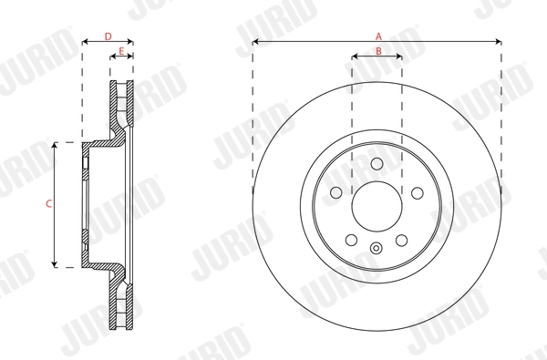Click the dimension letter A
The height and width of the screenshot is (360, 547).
[377, 36]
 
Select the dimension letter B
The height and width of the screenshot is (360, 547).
[377, 51]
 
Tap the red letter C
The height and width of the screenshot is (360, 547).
[48, 204]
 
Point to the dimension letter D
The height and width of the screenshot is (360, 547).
[108, 36]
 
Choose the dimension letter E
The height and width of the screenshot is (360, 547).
[120, 51]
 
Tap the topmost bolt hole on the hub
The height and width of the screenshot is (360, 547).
[377, 163]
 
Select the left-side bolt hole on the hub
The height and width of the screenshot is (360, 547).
[336, 192]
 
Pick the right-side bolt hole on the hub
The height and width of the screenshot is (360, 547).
[417, 192]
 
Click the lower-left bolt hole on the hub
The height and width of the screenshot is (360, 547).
[352, 239]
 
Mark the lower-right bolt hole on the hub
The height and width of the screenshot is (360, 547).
[401, 239]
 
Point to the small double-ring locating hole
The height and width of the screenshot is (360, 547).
[377, 247]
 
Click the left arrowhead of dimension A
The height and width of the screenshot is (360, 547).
[255, 42]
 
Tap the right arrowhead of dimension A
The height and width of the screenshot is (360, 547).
[499, 42]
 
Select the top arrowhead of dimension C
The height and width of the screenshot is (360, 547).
[57, 144]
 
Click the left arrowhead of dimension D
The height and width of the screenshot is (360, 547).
[85, 42]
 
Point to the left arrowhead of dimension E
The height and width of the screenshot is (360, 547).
[113, 57]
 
